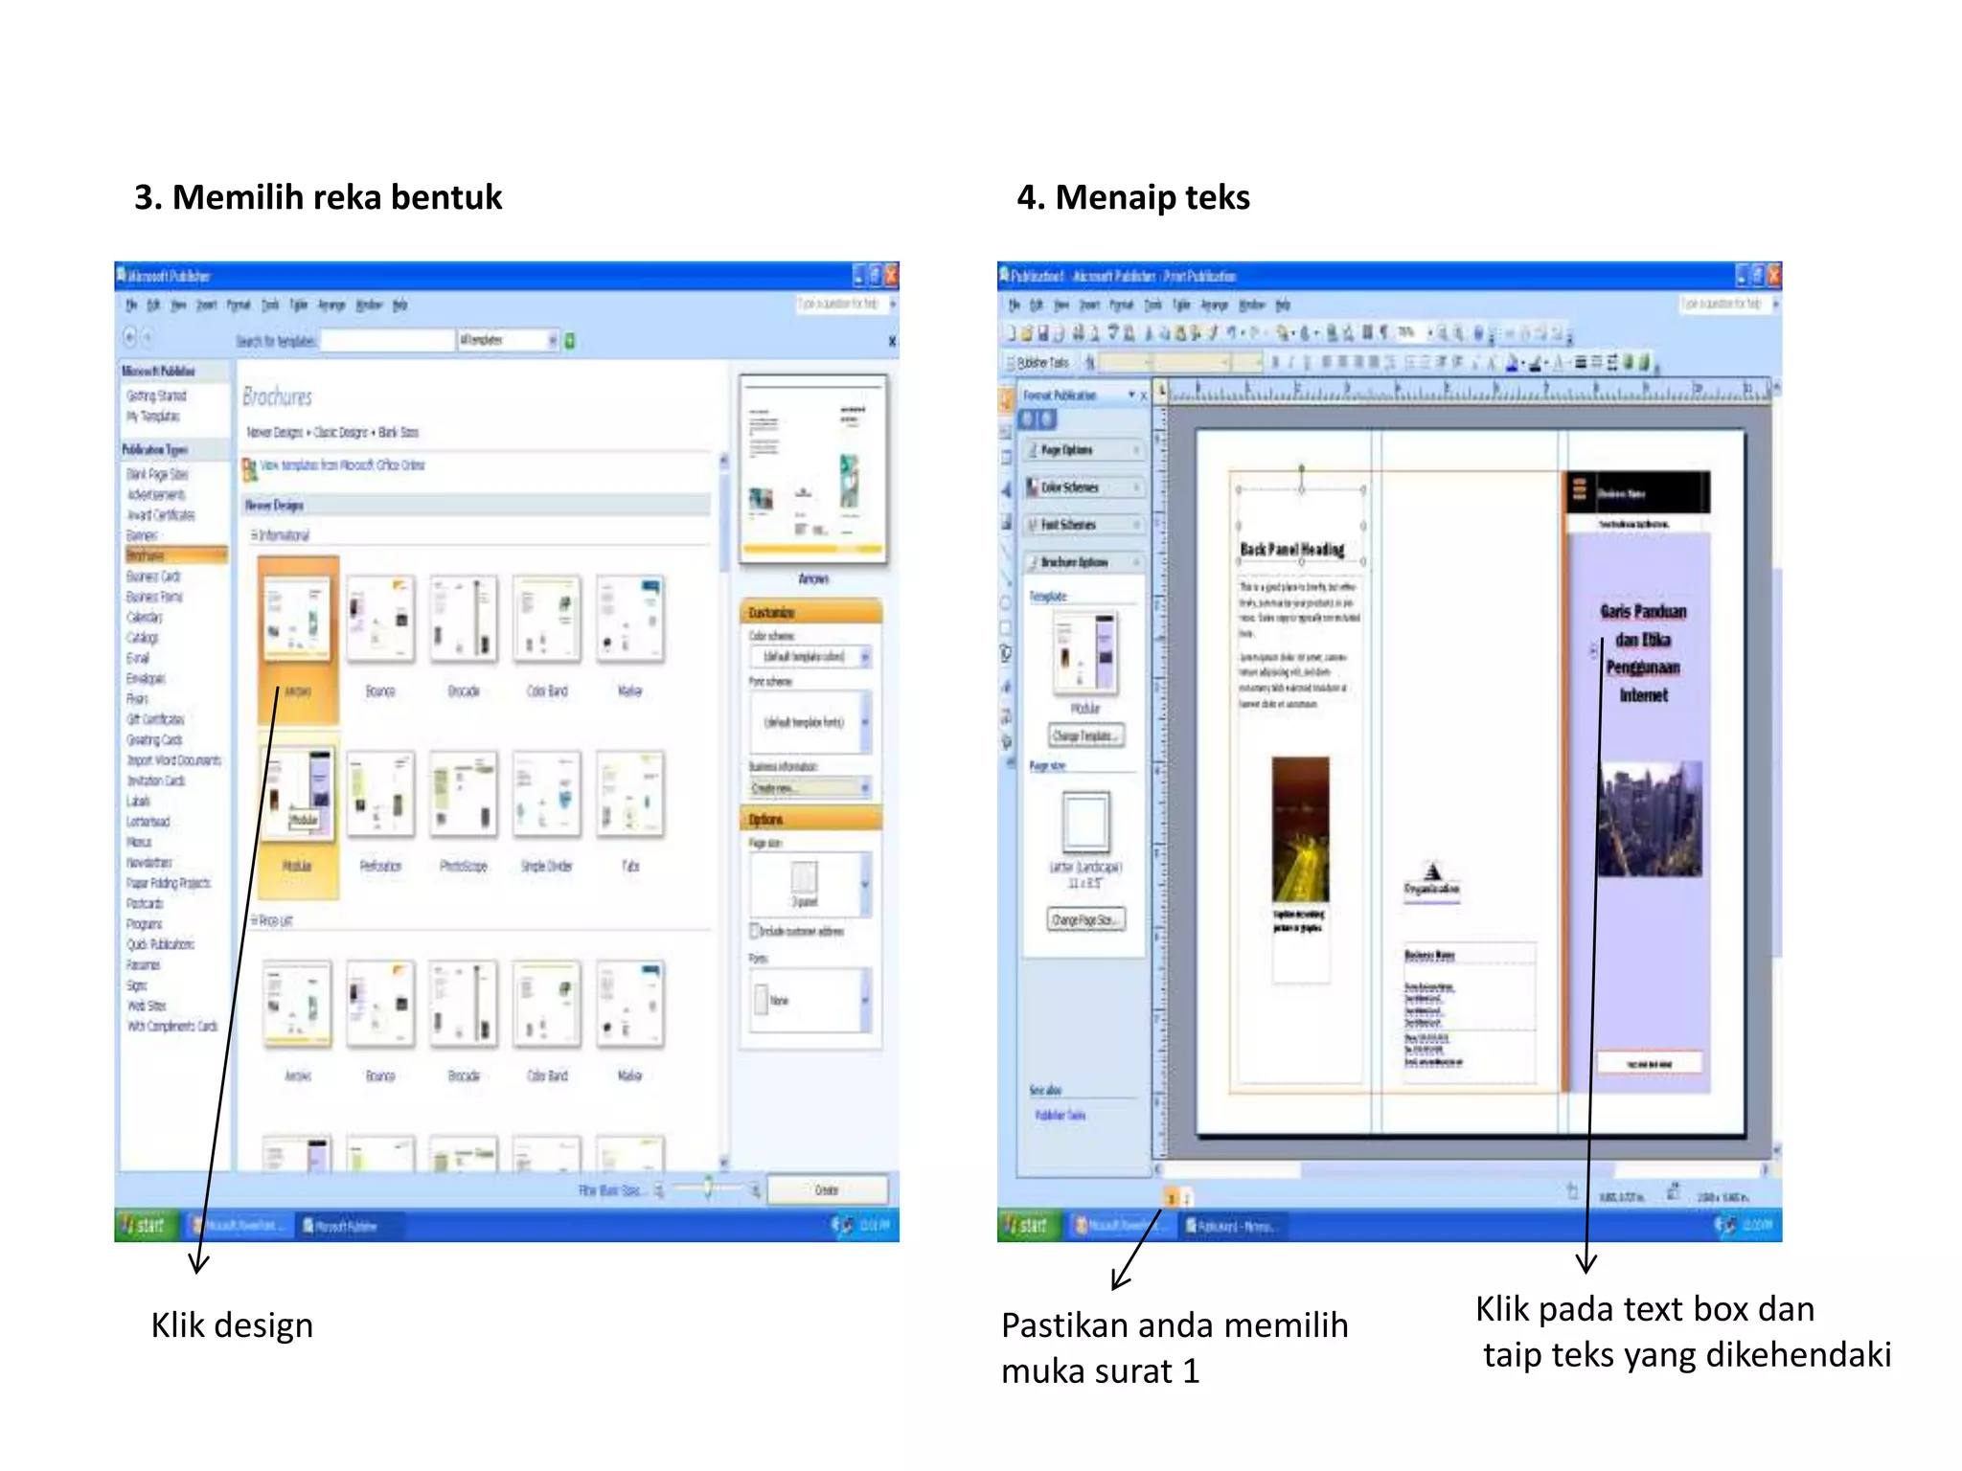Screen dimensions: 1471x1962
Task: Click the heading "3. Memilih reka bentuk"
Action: pos(317,197)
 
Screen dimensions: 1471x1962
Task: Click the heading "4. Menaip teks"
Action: pos(1132,197)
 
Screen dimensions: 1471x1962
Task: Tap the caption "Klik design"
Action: pos(232,1325)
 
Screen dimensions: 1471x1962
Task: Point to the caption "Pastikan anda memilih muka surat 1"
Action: pos(1174,1347)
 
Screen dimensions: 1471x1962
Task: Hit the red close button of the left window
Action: pos(891,276)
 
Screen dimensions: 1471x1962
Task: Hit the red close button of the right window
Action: pos(1773,276)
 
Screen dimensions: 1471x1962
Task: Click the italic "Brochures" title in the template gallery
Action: pos(277,396)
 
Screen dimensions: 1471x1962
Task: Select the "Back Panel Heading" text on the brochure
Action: pos(1292,550)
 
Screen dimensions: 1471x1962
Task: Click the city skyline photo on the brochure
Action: pos(1649,819)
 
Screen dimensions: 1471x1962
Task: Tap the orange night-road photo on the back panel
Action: pos(1300,828)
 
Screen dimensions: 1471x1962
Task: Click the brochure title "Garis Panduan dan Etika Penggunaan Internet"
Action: pos(1643,653)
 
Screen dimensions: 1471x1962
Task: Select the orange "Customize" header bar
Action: pos(810,612)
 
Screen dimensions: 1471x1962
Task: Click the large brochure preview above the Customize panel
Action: pos(812,468)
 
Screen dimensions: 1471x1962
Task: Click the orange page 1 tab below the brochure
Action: pos(1171,1198)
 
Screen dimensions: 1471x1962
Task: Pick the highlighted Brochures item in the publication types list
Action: pos(175,555)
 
